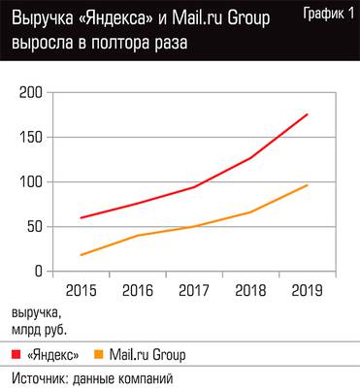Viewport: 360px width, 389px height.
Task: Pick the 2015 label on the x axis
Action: (83, 289)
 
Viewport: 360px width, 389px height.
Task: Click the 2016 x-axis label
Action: (139, 289)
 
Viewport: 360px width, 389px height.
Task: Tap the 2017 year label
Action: (195, 289)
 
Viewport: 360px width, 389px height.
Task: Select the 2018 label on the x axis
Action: (250, 289)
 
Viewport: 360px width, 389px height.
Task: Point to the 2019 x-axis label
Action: (306, 289)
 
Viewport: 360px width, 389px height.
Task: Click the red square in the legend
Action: (17, 354)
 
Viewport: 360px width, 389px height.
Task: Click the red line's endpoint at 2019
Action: (307, 114)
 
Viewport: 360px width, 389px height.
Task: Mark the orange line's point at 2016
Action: (139, 236)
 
